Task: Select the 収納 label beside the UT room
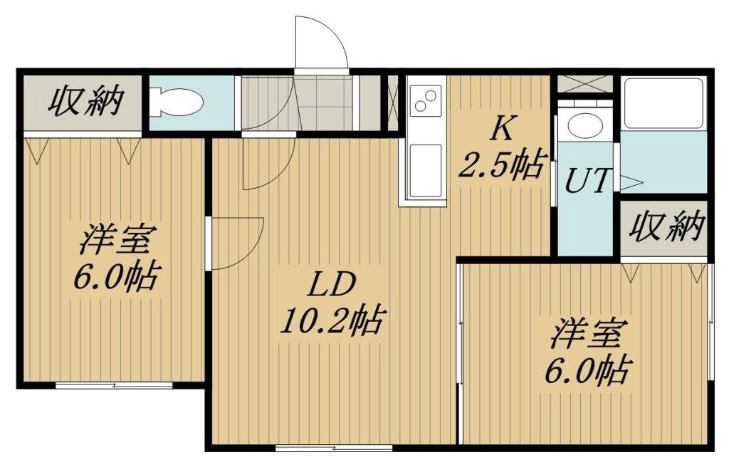pyautogui.click(x=666, y=227)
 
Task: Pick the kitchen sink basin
pyautogui.click(x=425, y=170)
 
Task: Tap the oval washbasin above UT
pyautogui.click(x=585, y=125)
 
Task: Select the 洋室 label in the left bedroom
pyautogui.click(x=115, y=238)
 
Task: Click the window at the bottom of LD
pyautogui.click(x=335, y=448)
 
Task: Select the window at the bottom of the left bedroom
pyautogui.click(x=115, y=385)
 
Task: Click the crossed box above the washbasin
pyautogui.click(x=585, y=85)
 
